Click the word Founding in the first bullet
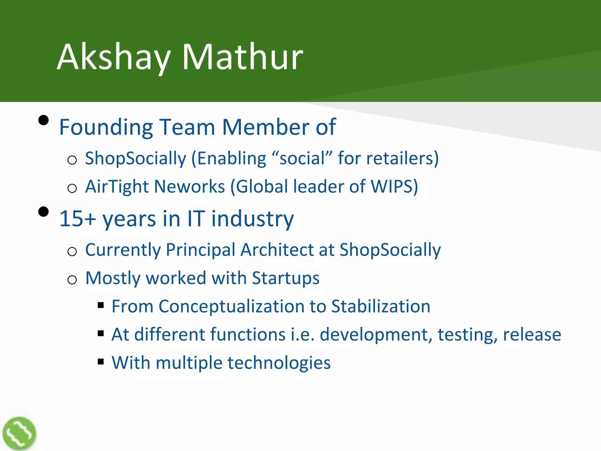(106, 127)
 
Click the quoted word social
(302, 158)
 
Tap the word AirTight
(117, 187)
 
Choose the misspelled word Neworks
(190, 187)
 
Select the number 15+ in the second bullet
(77, 219)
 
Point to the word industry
(252, 219)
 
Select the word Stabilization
(381, 306)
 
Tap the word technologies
(279, 363)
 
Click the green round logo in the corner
(19, 433)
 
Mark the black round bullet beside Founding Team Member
(43, 120)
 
